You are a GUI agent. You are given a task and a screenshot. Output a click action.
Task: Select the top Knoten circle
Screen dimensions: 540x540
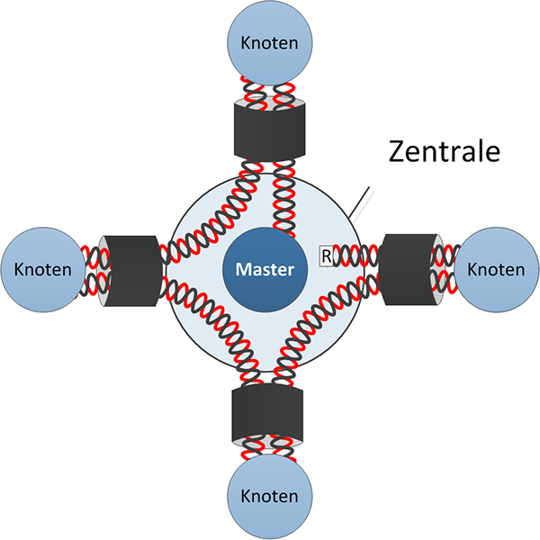click(x=269, y=42)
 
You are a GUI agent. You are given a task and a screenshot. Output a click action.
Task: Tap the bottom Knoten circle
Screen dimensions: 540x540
click(x=269, y=496)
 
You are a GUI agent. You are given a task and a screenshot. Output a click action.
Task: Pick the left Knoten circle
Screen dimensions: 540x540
click(x=42, y=268)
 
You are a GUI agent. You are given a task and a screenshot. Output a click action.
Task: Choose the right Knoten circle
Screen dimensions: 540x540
click(x=496, y=268)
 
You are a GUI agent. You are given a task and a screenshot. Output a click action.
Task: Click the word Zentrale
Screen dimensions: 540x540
click(x=443, y=151)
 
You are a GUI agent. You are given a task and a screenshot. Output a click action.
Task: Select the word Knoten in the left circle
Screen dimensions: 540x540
click(x=42, y=268)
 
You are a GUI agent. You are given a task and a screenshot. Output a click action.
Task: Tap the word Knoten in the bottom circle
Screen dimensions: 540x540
click(x=269, y=496)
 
